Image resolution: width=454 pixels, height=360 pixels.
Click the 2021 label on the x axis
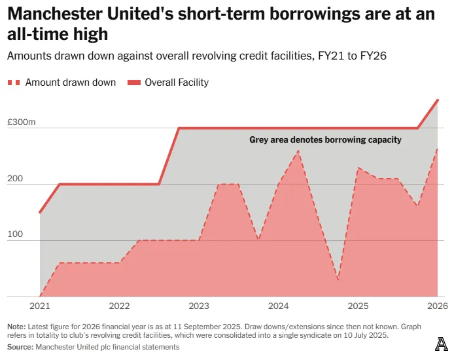point(40,306)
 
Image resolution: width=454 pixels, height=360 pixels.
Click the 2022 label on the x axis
point(119,306)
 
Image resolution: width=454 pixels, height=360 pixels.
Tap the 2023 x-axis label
point(198,306)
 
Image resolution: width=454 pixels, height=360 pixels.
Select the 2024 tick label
point(278,306)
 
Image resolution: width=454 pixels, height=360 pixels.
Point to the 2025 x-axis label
point(357,306)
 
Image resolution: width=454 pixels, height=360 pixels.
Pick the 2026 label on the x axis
point(436,306)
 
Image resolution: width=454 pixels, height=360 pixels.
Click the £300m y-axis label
point(22,123)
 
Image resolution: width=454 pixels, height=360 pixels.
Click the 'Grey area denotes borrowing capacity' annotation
point(325,139)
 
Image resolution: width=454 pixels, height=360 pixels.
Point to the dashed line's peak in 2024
point(298,151)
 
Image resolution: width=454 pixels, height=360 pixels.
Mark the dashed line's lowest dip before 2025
point(338,281)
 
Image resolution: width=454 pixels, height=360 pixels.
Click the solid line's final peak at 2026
point(438,100)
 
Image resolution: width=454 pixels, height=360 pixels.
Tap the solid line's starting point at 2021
point(40,213)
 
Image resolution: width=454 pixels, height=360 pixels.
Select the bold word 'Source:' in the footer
point(20,347)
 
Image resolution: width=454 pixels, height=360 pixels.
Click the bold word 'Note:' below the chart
point(16,326)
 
